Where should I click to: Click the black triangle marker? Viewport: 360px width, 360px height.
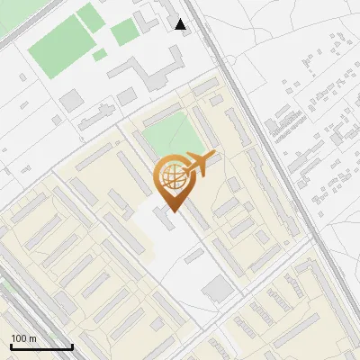(x=181, y=24)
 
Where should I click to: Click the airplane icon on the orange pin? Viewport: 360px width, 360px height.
(x=200, y=164)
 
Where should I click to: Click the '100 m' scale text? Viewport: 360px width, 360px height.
(x=24, y=338)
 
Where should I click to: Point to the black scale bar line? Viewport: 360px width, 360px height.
(x=41, y=346)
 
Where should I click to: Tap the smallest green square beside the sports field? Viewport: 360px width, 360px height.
(x=99, y=56)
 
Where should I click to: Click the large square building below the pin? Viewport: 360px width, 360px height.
(x=218, y=289)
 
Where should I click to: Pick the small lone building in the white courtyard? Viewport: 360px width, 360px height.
(x=193, y=256)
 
